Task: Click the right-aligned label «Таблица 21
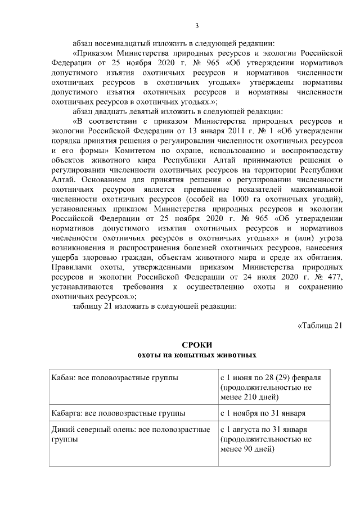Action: coord(319,326)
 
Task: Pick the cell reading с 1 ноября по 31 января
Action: coord(263,413)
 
